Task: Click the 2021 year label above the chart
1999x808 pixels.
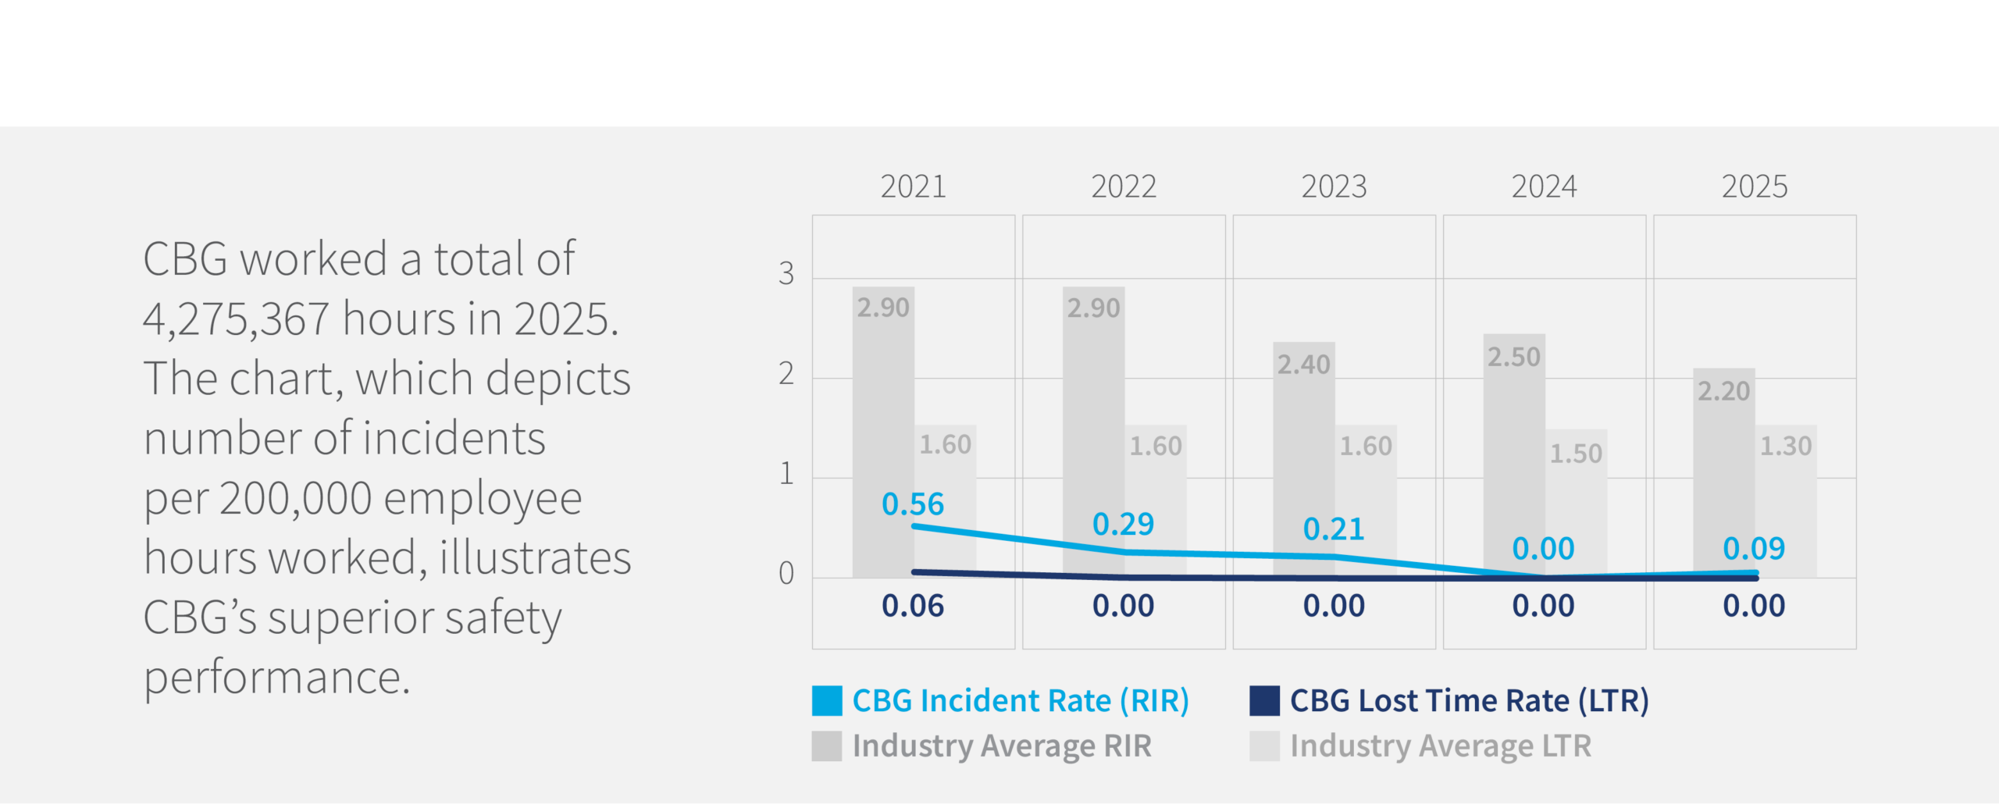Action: [913, 187]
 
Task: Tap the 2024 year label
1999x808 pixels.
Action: [1544, 187]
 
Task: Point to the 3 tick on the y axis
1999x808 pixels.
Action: [786, 273]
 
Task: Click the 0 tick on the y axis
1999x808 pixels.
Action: [786, 574]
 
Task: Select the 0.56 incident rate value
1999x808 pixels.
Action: [913, 504]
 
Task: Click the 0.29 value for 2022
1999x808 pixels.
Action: [1123, 524]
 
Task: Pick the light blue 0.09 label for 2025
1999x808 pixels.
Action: [1754, 549]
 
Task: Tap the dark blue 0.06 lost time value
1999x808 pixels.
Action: [913, 606]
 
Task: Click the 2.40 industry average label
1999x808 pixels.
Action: [1303, 365]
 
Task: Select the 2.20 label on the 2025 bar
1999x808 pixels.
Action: [1723, 391]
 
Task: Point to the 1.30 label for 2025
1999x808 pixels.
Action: [1785, 447]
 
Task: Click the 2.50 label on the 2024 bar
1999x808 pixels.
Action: [1513, 358]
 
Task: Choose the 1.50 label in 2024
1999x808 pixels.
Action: [1576, 454]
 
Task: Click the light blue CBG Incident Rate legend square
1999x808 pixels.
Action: [827, 701]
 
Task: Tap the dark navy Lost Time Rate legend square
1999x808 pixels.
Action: [1264, 701]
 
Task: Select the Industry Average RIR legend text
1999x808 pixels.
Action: [1002, 746]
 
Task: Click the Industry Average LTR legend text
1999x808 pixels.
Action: [1440, 746]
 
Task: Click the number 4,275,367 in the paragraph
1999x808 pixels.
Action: [236, 320]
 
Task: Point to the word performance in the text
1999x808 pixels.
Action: [276, 677]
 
